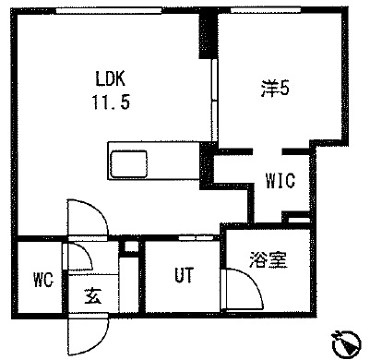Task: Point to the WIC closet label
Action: [x=280, y=181]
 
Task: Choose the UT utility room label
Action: [x=184, y=276]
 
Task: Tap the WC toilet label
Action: [x=42, y=278]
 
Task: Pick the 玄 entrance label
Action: [x=94, y=296]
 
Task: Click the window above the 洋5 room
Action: [x=267, y=10]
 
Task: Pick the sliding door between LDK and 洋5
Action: [x=213, y=102]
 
